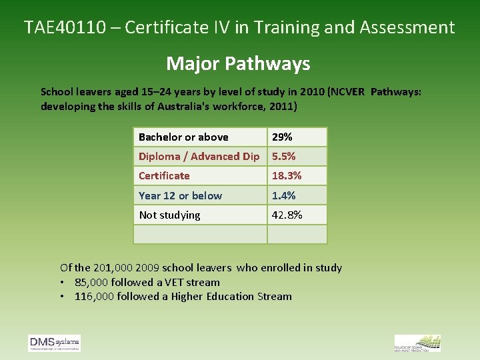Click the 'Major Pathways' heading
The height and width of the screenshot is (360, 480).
click(238, 63)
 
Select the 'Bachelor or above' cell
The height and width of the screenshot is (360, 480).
click(183, 137)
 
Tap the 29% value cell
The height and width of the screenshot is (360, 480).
click(282, 137)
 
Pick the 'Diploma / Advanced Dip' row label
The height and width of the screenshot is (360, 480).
click(199, 157)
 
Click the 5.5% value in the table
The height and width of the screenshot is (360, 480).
click(283, 157)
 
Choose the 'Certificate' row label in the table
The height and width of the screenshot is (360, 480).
click(164, 176)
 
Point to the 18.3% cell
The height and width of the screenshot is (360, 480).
click(287, 176)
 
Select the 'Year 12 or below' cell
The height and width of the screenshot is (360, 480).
click(180, 196)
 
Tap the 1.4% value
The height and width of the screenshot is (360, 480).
click(283, 196)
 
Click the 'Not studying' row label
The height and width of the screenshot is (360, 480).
click(169, 215)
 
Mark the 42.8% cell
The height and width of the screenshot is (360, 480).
click(287, 215)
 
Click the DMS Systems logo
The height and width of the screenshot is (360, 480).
click(55, 343)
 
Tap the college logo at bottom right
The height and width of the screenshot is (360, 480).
click(417, 343)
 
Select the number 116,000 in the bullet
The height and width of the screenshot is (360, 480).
click(95, 297)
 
